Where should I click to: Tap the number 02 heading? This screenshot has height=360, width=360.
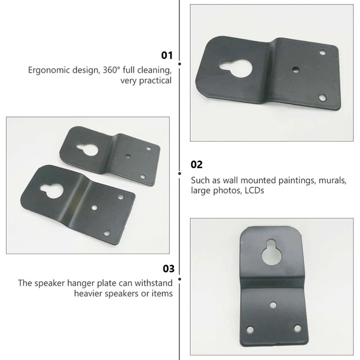pyautogui.click(x=196, y=164)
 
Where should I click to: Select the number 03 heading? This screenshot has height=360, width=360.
pyautogui.click(x=167, y=268)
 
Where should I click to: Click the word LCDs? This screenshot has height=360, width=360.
pyautogui.click(x=253, y=191)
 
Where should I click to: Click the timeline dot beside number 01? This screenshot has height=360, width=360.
pyautogui.click(x=179, y=55)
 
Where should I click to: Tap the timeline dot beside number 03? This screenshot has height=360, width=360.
pyautogui.click(x=179, y=278)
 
